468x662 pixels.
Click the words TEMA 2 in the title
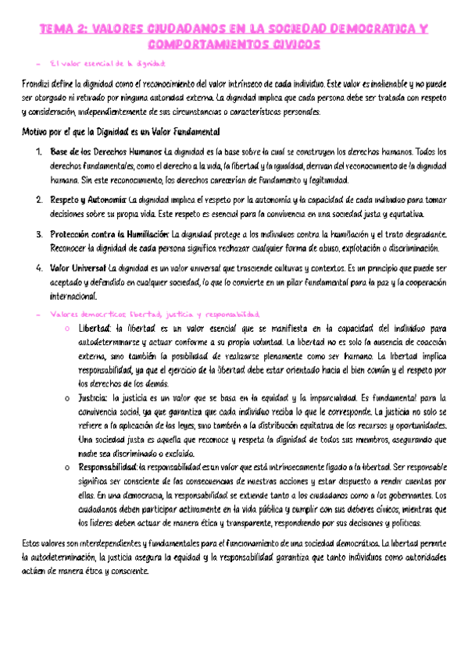63,30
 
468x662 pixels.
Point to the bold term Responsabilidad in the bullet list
108,468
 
